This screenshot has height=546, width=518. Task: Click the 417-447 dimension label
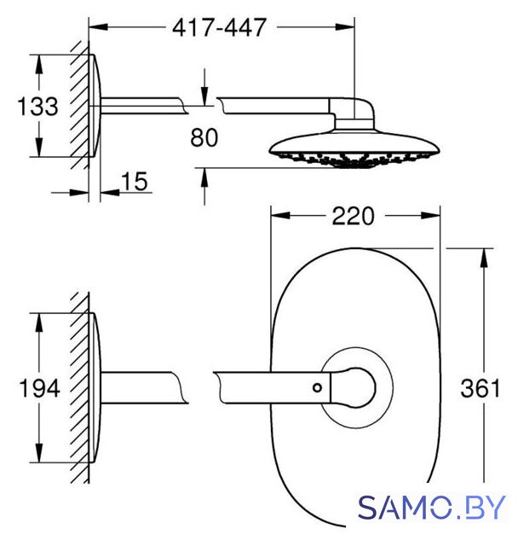pyautogui.click(x=219, y=27)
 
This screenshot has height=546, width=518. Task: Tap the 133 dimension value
pyautogui.click(x=37, y=106)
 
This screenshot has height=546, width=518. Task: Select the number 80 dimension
pyautogui.click(x=204, y=137)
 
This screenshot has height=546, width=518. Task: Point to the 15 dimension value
pyautogui.click(x=135, y=182)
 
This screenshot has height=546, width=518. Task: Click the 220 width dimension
pyautogui.click(x=354, y=216)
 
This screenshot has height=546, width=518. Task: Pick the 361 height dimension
pyautogui.click(x=481, y=388)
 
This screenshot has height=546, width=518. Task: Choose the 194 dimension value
pyautogui.click(x=39, y=388)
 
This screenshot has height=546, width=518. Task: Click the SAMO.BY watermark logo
pyautogui.click(x=431, y=508)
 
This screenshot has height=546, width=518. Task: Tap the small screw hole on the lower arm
pyautogui.click(x=317, y=387)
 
